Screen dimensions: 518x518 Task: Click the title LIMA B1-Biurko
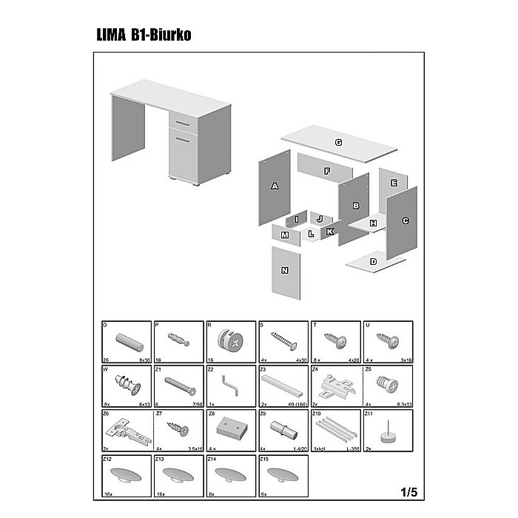coord(144,35)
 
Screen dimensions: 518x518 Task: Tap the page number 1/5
coord(408,491)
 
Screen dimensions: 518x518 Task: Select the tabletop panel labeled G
coord(339,142)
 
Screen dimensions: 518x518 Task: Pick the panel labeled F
coord(325,171)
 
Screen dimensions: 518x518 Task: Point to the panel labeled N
coord(286,272)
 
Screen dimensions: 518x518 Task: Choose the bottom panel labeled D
coord(375,261)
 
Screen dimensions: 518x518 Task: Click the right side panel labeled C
coord(404,220)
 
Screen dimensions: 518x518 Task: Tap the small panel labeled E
coord(394,182)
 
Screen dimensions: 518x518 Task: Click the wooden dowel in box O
coord(129,343)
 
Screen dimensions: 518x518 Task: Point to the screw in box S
coord(283,341)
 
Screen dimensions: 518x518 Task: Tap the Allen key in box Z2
coord(231,386)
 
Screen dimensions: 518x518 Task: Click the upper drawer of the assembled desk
coord(182,121)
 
